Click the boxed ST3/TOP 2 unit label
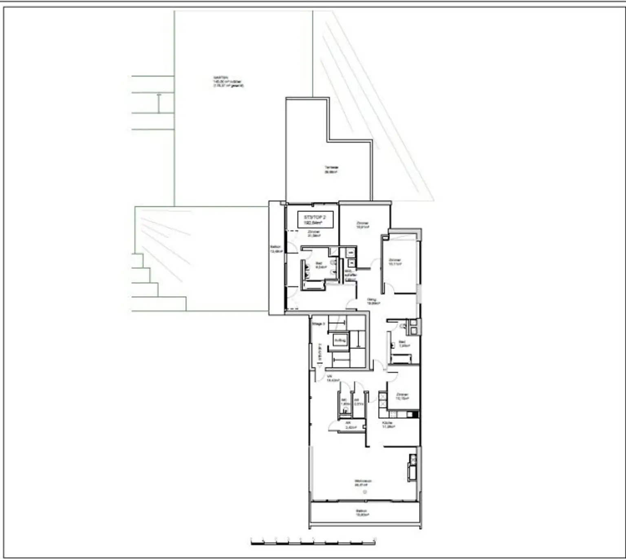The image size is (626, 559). click(x=315, y=220)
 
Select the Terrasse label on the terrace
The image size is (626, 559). click(x=331, y=170)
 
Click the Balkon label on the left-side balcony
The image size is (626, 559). click(x=276, y=249)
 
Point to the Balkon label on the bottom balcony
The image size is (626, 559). click(x=361, y=513)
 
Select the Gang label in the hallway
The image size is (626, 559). click(x=372, y=301)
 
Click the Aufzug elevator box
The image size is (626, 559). click(x=339, y=340)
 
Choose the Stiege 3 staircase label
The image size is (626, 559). click(x=318, y=324)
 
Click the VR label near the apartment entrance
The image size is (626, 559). click(x=332, y=378)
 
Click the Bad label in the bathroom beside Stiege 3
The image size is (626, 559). click(x=403, y=343)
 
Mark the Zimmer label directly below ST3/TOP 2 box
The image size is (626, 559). click(x=314, y=233)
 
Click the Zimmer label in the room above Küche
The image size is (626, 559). click(x=402, y=396)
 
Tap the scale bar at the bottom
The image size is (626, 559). click(x=313, y=541)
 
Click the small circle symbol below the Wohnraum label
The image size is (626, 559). click(x=365, y=492)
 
